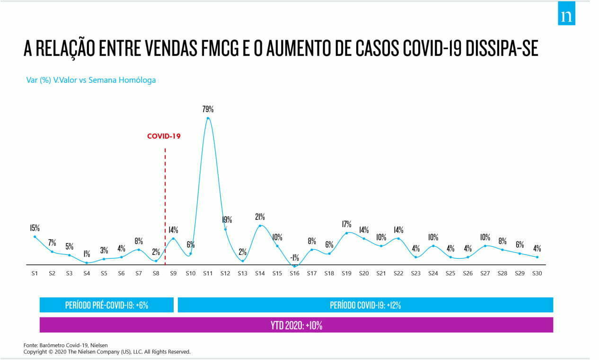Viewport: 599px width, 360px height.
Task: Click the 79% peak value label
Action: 208,109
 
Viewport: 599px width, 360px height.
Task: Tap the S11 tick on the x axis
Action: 208,273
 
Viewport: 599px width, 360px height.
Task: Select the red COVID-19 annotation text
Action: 164,136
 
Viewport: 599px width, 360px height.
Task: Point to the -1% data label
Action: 294,258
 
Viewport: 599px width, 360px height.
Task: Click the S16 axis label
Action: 294,273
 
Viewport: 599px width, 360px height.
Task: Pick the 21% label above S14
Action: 260,217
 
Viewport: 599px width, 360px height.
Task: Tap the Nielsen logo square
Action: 566,16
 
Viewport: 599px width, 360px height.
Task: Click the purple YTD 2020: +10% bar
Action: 296,325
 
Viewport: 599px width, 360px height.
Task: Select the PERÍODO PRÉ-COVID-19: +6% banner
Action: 106,305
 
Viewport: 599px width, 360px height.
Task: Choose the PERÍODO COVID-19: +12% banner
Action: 365,305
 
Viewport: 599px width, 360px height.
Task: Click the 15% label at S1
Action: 35,228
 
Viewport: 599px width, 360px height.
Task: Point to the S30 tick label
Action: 537,273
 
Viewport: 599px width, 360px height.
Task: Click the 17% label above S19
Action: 347,224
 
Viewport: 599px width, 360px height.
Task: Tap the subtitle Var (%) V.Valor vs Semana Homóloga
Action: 91,80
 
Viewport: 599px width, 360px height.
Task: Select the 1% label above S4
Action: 87,254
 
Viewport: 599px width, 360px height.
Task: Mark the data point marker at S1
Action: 35,237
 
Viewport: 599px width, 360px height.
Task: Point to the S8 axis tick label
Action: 156,273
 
